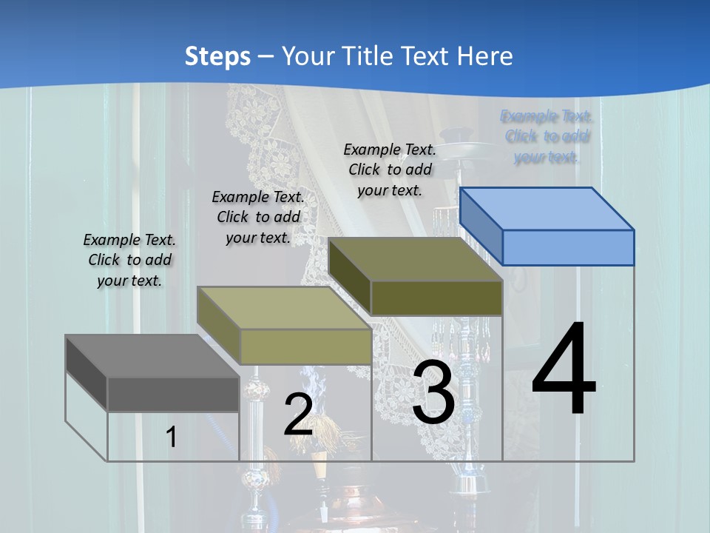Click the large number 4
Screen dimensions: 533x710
click(564, 370)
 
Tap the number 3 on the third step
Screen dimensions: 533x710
click(433, 393)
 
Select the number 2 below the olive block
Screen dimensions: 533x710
click(298, 415)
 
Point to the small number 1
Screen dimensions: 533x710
click(172, 438)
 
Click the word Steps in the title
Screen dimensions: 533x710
click(217, 56)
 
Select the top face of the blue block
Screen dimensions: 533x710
click(547, 208)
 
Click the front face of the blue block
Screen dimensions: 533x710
click(568, 247)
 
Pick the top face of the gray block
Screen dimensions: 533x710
click(152, 356)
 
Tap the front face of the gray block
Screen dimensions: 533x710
click(173, 394)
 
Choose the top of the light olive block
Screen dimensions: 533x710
click(284, 308)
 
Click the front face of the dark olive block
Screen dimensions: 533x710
click(436, 298)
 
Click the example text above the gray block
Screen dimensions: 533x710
click(129, 260)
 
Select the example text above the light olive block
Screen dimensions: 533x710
click(258, 217)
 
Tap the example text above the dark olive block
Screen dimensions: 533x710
click(390, 170)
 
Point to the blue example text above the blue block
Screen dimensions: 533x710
click(547, 136)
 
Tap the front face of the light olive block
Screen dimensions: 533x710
click(305, 346)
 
